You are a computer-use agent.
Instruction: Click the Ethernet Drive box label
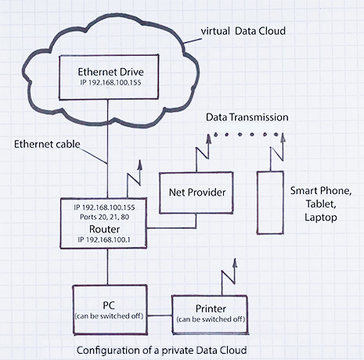pos(110,72)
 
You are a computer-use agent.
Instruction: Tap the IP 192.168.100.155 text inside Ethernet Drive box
pos(110,82)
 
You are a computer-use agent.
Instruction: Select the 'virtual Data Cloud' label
pos(243,31)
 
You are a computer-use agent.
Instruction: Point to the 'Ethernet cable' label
pos(47,144)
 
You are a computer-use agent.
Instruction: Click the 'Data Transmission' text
pos(247,117)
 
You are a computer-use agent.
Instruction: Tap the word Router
pos(104,229)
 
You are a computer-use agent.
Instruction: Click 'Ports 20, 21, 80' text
pos(104,217)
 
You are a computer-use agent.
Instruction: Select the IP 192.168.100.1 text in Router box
pos(104,239)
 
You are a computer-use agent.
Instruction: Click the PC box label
pos(109,305)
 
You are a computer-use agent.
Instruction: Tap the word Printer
pos(211,308)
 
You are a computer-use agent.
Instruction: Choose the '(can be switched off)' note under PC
pos(109,316)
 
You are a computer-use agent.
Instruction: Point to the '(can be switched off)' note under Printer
pos(211,319)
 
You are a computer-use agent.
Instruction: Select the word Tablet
pos(321,203)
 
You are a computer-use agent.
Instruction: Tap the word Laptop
pos(321,218)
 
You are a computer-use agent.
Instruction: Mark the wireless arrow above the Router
pos(134,179)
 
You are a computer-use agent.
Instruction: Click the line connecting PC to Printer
pos(160,315)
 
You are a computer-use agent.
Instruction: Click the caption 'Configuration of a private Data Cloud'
pos(162,350)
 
